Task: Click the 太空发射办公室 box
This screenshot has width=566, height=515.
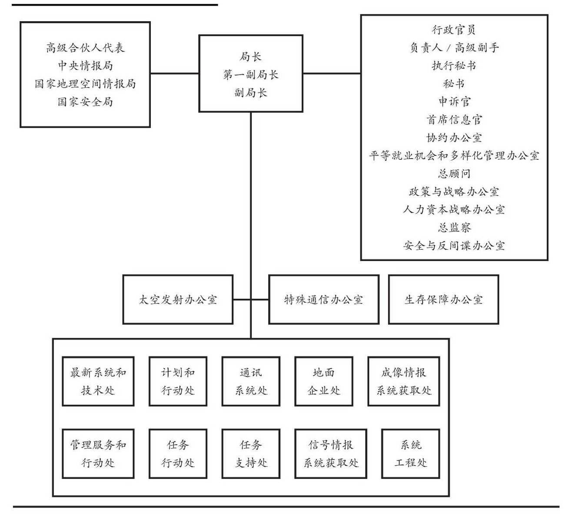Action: coord(178,299)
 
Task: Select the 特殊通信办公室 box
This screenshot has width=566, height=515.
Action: coord(323,299)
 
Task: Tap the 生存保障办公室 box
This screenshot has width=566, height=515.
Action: coord(443,299)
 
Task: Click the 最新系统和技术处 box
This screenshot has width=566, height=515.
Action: coord(98,381)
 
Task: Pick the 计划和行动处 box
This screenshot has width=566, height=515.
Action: coord(178,381)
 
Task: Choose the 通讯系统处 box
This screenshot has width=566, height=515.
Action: coord(251,381)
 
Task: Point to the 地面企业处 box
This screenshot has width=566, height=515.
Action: coord(323,381)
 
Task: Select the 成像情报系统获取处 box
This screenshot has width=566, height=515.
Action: coord(404,381)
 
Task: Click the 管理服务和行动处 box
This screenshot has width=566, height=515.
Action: coord(98,454)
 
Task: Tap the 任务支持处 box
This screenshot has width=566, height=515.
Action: coord(251,454)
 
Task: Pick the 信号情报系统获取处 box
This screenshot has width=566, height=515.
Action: coord(331,454)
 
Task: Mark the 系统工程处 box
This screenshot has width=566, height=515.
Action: coord(410,454)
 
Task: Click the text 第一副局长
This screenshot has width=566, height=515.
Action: coord(251,75)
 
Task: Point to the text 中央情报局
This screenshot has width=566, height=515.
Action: coord(85,66)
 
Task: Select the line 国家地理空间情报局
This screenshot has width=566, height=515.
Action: coord(85,84)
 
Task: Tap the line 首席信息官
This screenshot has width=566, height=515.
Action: coord(454,119)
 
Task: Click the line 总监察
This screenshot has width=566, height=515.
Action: coord(454,228)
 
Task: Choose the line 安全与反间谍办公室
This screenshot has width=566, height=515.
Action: coord(454,245)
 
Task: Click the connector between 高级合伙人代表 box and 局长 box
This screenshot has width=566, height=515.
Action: coord(175,73)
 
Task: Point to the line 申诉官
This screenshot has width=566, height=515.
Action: coord(454,102)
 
